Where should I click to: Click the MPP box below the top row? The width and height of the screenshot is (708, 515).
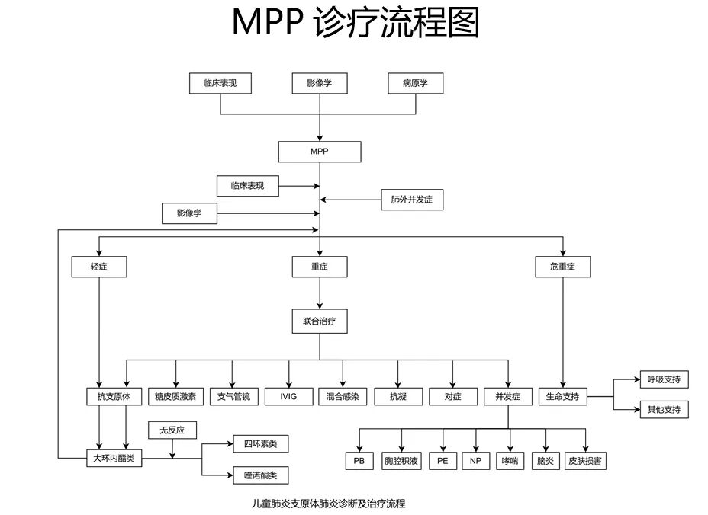click(x=319, y=152)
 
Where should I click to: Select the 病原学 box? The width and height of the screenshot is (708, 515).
click(x=415, y=83)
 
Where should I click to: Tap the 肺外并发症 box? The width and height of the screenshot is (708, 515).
click(x=412, y=200)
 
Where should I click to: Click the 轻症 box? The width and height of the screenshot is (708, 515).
click(x=98, y=267)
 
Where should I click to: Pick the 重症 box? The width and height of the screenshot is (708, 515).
click(x=320, y=267)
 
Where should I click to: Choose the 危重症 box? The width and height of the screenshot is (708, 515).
click(x=563, y=267)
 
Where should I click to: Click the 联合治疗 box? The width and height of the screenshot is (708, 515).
click(x=320, y=321)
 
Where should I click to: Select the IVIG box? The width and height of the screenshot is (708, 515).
click(x=288, y=396)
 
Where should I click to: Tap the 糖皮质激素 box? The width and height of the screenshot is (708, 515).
click(x=175, y=396)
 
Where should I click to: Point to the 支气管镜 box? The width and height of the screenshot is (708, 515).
click(x=233, y=396)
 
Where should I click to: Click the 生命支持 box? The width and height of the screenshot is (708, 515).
click(x=563, y=396)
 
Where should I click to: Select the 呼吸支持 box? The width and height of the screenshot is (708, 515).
click(x=663, y=379)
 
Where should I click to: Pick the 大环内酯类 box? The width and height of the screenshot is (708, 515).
click(x=114, y=459)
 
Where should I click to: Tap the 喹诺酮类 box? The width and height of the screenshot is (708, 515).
click(x=260, y=476)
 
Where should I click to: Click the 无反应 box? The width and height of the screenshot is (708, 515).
click(x=172, y=430)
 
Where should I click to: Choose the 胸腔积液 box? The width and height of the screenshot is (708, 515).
click(x=401, y=460)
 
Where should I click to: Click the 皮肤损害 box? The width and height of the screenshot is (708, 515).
click(x=587, y=460)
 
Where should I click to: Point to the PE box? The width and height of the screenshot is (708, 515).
click(x=443, y=460)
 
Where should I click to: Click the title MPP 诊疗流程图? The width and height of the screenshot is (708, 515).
click(x=356, y=24)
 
